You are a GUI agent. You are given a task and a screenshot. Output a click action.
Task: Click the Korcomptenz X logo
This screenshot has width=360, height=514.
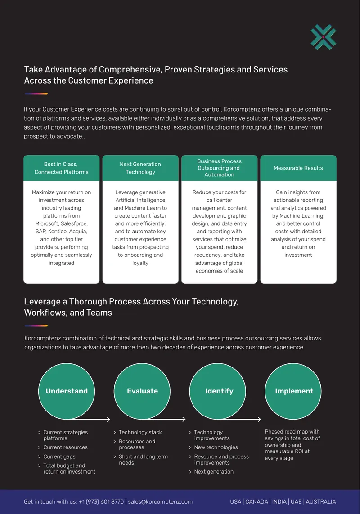tap(323, 37)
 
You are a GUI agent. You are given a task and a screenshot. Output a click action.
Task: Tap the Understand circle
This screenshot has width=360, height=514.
tap(67, 391)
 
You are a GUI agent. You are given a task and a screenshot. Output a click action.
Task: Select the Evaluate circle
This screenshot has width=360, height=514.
tap(142, 391)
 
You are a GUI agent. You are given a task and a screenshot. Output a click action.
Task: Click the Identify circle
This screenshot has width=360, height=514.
tap(218, 391)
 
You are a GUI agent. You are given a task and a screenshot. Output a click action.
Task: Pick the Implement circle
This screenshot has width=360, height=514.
tap(293, 391)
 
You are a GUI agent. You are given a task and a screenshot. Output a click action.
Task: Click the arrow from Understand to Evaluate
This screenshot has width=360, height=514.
tap(89, 419)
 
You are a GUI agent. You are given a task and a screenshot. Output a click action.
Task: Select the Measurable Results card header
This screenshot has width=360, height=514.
tap(298, 168)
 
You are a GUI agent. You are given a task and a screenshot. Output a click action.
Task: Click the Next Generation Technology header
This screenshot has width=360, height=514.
tap(140, 168)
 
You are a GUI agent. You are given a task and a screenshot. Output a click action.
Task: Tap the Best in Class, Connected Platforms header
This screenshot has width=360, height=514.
tap(61, 168)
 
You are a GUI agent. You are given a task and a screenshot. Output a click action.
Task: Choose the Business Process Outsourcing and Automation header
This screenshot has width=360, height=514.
tap(219, 168)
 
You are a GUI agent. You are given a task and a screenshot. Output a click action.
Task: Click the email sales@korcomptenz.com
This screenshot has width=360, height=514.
tap(160, 501)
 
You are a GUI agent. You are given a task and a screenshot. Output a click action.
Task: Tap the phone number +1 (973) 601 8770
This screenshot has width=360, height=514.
tap(101, 501)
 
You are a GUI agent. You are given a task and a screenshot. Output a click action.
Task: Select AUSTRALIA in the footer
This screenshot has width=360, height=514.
tap(320, 501)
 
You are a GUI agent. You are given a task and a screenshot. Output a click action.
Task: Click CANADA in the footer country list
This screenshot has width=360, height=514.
tap(256, 501)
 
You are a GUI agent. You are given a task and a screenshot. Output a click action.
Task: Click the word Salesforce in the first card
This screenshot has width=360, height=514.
tap(75, 223)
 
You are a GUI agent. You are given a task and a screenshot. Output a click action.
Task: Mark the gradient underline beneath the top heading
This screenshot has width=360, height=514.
tap(36, 94)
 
